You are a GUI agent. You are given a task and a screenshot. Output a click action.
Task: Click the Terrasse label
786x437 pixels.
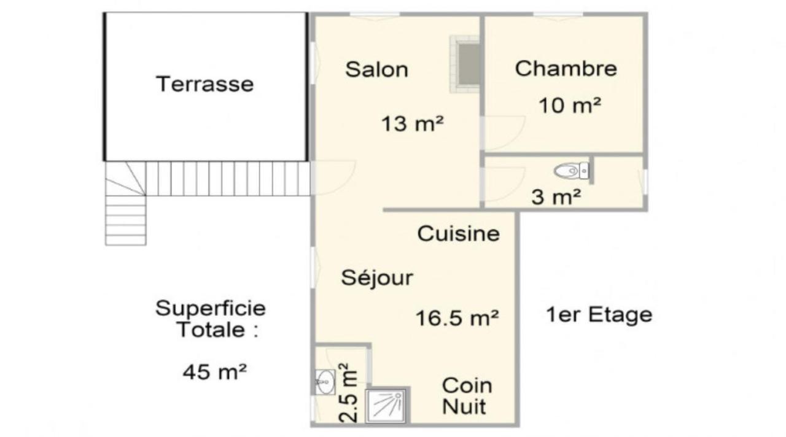point(204,84)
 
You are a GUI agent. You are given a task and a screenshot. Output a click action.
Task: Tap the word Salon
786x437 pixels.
point(377,69)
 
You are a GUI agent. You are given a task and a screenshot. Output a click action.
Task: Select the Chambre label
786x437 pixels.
point(566,68)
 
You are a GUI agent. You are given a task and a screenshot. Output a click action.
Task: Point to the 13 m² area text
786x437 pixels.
point(412,124)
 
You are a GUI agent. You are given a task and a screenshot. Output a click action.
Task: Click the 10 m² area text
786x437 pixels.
point(570,105)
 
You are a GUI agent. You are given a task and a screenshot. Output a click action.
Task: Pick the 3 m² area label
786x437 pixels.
point(556,197)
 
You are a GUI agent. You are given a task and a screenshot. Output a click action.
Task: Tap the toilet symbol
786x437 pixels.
point(572,171)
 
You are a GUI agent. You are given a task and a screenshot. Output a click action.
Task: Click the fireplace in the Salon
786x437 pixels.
point(465,64)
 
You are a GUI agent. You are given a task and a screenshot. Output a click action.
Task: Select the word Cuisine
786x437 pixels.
point(458,234)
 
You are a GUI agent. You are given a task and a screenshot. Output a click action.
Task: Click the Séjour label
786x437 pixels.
point(377,277)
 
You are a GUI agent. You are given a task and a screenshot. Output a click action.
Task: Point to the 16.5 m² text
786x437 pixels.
point(457,318)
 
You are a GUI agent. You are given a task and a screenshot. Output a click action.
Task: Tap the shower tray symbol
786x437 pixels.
point(386,406)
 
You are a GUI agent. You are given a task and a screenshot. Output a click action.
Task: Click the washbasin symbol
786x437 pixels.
point(325,382)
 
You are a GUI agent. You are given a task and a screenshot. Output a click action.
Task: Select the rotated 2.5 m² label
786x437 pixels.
point(348,393)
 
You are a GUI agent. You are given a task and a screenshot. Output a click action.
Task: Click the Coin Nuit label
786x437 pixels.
point(467,396)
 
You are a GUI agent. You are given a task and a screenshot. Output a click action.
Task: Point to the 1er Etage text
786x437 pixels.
point(599,315)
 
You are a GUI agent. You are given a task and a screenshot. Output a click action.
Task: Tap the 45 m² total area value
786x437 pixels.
point(214,372)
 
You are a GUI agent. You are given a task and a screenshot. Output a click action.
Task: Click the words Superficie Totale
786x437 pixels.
point(211,319)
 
